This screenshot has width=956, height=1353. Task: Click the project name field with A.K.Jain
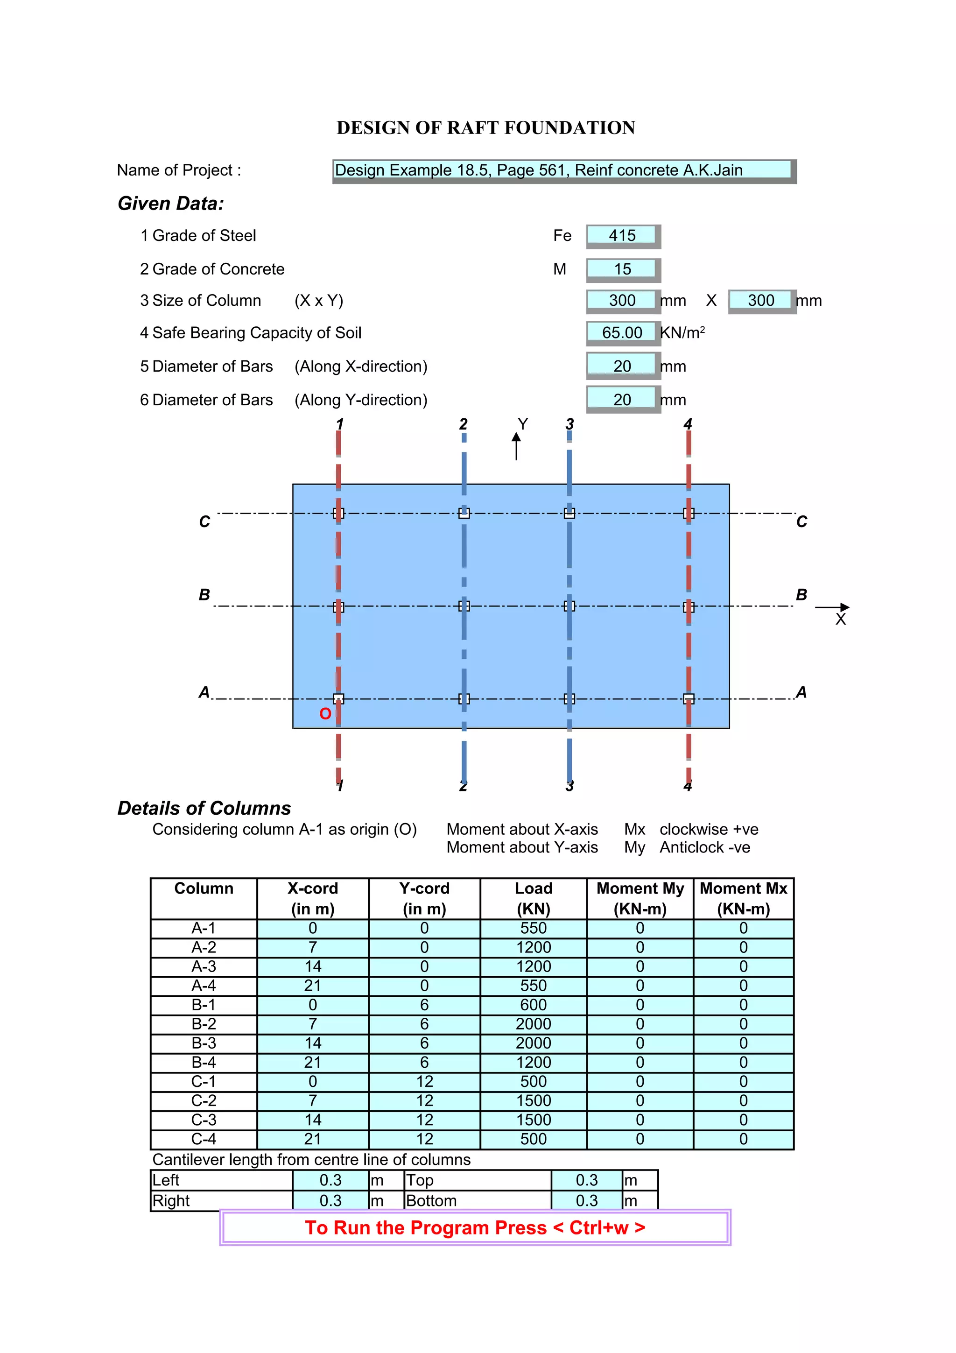coord(562,170)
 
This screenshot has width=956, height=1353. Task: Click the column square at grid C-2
coord(464,513)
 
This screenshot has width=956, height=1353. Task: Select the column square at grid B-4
coord(689,607)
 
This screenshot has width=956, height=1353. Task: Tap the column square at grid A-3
coord(569,699)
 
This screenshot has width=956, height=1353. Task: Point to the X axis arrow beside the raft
coord(833,607)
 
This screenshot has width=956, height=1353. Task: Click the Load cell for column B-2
coord(533,1024)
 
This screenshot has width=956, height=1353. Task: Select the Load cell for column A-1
coord(533,928)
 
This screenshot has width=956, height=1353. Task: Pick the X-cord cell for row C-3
coord(313,1120)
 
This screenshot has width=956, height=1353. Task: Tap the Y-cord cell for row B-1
coord(424,1005)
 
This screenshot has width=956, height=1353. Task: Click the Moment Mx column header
coord(743,898)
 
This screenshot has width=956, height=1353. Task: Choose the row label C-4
coord(204,1139)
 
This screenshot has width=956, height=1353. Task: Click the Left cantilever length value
coord(330,1180)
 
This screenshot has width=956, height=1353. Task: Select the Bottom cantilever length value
coord(587,1201)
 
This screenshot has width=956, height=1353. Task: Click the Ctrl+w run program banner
coord(475,1227)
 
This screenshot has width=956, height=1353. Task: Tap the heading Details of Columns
coord(204,808)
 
